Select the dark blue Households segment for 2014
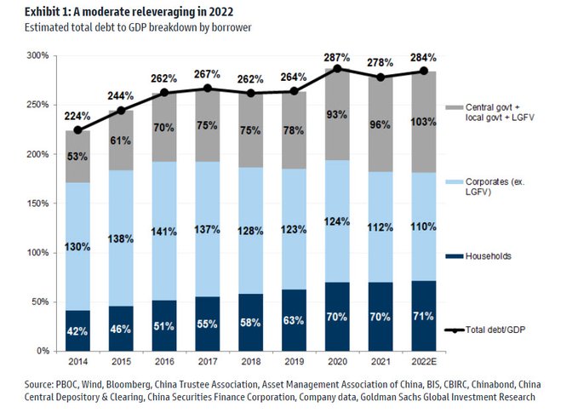coord(77,330)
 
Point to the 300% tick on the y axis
coord(38,56)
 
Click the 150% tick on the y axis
coord(38,204)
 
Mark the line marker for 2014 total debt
coord(77,130)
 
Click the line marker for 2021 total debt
coord(381,77)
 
